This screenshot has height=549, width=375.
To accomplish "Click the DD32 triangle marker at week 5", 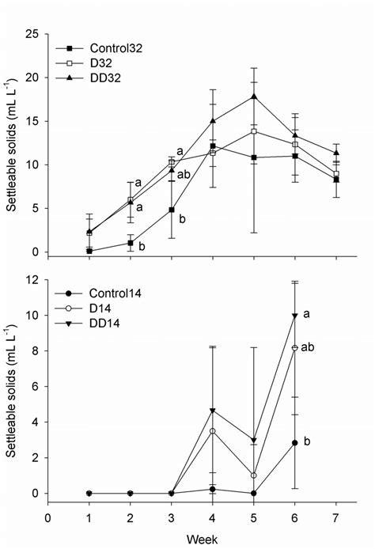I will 253,97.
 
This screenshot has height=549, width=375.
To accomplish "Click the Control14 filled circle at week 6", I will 294,443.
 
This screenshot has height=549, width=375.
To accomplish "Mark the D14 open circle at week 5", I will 253,475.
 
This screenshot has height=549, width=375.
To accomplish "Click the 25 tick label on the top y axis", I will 32,34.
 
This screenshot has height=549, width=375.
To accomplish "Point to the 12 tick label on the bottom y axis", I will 32,280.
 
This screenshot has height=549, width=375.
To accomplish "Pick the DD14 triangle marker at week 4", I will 212,411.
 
